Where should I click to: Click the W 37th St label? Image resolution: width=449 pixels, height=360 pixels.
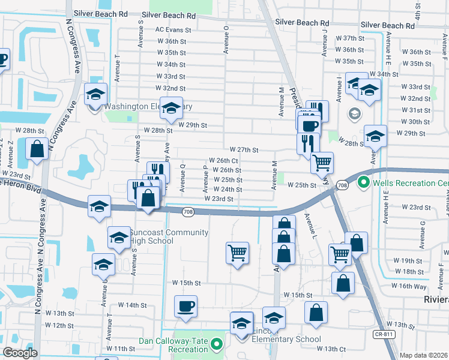pos(350,38)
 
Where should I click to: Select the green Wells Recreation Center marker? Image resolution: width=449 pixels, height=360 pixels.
pos(363,182)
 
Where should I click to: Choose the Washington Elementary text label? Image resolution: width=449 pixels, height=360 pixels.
pos(148,106)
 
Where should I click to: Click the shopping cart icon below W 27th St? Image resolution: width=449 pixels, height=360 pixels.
pos(322,161)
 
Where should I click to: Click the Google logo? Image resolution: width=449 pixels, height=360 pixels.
pos(20,353)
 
